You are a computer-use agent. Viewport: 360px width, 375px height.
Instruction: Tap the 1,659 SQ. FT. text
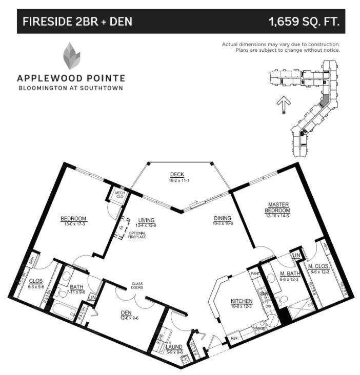304,22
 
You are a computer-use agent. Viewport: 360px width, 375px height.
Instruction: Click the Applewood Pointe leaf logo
71,56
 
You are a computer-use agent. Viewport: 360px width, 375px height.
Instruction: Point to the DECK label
177,174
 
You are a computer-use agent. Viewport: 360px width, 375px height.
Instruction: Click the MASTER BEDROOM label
279,207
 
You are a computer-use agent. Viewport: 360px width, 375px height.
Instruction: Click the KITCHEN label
241,301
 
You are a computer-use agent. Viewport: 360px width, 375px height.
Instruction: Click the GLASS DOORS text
136,285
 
